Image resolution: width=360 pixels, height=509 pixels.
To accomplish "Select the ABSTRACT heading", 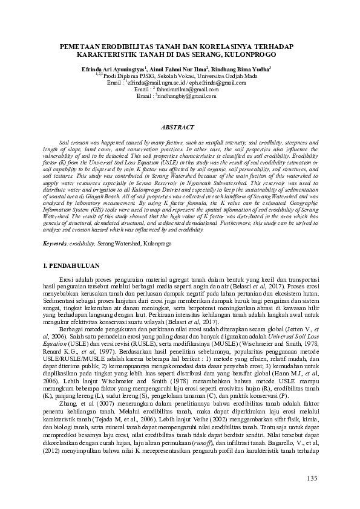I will point(179,128).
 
